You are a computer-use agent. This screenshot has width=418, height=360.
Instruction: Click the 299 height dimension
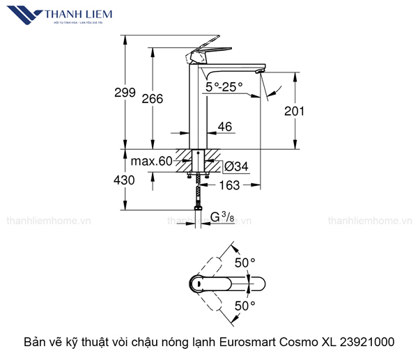(x=125, y=93)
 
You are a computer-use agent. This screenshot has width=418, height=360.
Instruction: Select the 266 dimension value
(x=157, y=99)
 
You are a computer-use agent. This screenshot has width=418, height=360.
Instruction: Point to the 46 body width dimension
(x=225, y=127)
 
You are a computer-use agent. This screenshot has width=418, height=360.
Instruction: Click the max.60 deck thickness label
(x=150, y=162)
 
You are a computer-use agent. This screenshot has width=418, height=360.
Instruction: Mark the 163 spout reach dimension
(x=229, y=185)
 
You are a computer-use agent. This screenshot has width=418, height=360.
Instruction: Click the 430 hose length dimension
(x=125, y=180)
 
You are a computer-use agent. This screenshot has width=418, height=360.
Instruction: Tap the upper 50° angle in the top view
(x=245, y=263)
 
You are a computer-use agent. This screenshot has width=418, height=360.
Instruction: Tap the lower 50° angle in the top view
(x=245, y=306)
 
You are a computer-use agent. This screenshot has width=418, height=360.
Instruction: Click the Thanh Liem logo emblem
(x=22, y=15)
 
